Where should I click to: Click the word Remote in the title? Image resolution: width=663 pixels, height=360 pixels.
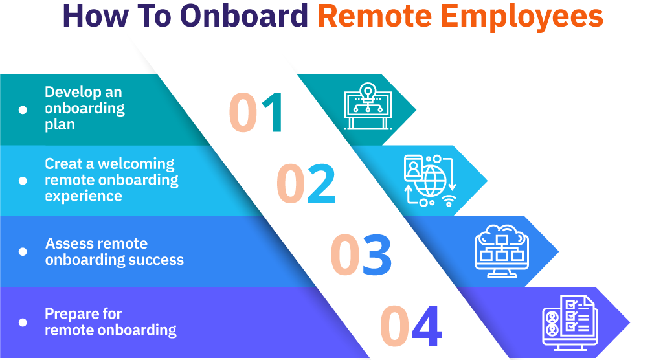375,16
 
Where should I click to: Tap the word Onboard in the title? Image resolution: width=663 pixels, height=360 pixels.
244,16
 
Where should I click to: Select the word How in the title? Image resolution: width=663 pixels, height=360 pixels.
96,16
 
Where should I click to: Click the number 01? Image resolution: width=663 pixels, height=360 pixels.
256,113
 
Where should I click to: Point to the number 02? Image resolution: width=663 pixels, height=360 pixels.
306,183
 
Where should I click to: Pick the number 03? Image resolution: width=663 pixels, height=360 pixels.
361,254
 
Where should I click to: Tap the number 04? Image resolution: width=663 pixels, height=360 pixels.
411,325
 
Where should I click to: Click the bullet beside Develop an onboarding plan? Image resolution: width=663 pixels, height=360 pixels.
23,110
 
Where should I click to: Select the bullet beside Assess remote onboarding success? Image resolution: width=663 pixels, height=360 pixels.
23,252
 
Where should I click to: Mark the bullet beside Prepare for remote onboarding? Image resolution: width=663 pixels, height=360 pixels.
23,322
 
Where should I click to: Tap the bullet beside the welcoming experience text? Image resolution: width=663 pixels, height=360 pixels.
23,181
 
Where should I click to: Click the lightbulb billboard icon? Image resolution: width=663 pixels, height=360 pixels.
368,106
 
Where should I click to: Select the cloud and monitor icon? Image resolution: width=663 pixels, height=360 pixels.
502,251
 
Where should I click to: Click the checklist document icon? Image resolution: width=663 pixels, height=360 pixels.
570,322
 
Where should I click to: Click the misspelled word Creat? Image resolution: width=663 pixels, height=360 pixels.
64,164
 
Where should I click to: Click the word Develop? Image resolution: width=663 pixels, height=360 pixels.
71,93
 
